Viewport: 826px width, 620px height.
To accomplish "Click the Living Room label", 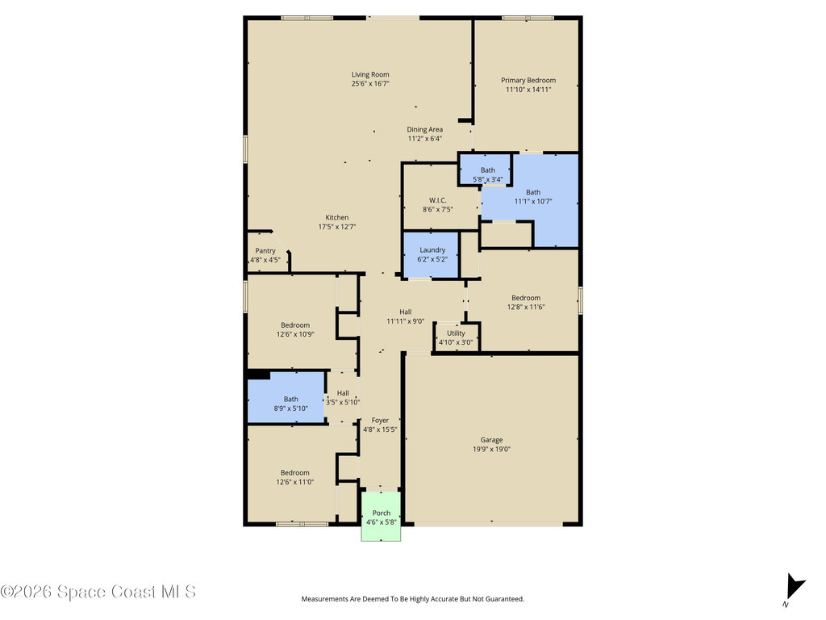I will pyautogui.click(x=370, y=75).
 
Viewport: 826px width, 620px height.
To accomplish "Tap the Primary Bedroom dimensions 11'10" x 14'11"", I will pyautogui.click(x=528, y=90).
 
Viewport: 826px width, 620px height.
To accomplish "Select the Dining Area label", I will pyautogui.click(x=424, y=129).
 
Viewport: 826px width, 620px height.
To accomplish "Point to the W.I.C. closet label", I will pyautogui.click(x=438, y=200).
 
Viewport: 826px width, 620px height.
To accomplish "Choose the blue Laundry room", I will pyautogui.click(x=432, y=255).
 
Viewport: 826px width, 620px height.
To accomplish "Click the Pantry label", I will pyautogui.click(x=265, y=251).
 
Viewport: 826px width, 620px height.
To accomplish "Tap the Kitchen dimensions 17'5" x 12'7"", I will pyautogui.click(x=337, y=228).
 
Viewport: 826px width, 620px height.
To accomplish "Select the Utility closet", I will pyautogui.click(x=456, y=337).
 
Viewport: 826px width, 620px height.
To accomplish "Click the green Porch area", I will pyautogui.click(x=382, y=517).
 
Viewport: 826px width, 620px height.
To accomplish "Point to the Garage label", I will pyautogui.click(x=491, y=440).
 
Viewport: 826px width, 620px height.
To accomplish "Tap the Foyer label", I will pyautogui.click(x=380, y=421).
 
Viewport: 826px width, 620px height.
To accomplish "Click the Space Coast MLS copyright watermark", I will pyautogui.click(x=98, y=592).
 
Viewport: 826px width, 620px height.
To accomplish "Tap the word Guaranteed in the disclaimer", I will pyautogui.click(x=504, y=599).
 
